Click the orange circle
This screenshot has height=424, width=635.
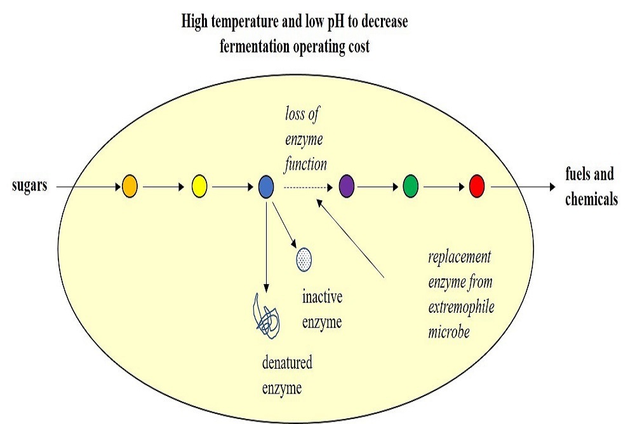tap(130, 187)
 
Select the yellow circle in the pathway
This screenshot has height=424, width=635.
tap(199, 187)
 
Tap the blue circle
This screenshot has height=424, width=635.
tap(267, 187)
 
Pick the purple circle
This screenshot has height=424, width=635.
tap(346, 187)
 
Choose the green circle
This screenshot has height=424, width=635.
tap(411, 187)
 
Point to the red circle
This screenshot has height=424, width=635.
tap(477, 187)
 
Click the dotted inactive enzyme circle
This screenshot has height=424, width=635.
tap(305, 259)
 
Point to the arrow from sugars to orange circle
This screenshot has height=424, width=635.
tap(89, 187)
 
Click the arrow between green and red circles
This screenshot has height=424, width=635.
tap(444, 187)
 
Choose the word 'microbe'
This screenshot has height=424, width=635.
tap(449, 331)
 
